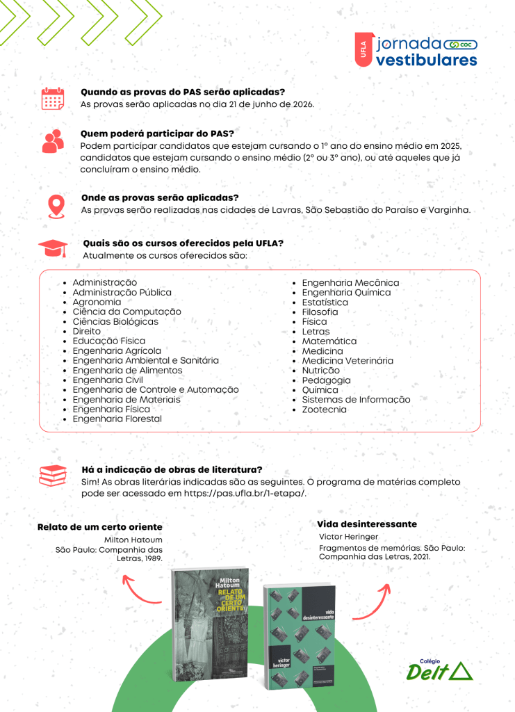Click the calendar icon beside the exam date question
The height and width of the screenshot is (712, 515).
click(52, 99)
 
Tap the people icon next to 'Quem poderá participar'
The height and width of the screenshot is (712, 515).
click(53, 142)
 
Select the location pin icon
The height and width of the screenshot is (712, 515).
click(56, 206)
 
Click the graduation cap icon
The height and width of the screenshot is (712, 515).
click(53, 248)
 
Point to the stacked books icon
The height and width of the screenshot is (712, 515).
click(53, 476)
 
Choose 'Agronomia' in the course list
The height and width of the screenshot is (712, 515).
click(97, 302)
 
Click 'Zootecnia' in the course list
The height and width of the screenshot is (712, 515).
click(324, 410)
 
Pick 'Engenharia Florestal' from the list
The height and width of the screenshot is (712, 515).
click(117, 419)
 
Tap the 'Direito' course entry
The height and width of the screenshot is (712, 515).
click(86, 332)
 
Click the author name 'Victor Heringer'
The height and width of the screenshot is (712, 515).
click(348, 537)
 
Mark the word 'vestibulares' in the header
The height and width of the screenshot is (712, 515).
click(426, 60)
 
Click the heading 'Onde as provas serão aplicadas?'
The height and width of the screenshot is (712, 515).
click(160, 197)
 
